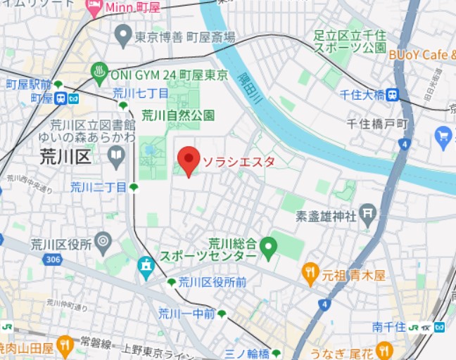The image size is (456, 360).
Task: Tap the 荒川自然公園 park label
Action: coord(177,115)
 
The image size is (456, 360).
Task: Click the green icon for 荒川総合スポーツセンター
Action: coord(267,247)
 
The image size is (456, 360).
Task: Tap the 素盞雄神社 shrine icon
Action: coord(367,212)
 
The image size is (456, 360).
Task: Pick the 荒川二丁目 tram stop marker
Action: coord(134,187)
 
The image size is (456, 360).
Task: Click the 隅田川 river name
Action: coord(249,88)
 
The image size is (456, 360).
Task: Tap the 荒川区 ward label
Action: coord(64,155)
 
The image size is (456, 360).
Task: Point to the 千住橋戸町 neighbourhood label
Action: coord(378,123)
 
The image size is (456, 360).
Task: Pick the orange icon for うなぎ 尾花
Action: coord(384,349)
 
